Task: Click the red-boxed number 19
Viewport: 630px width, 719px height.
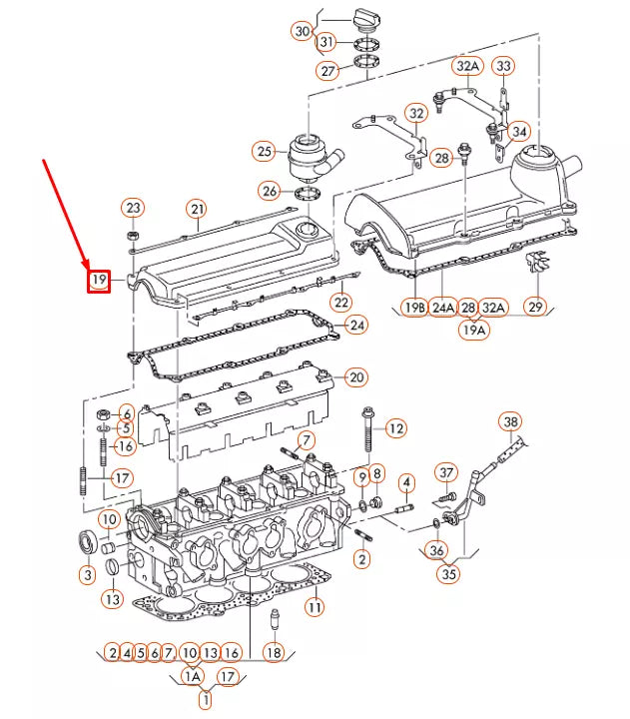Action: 98,281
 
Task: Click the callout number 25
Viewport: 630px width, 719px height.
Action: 264,152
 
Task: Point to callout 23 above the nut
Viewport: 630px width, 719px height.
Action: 133,208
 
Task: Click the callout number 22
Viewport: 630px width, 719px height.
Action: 341,303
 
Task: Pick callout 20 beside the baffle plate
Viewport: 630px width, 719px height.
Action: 355,377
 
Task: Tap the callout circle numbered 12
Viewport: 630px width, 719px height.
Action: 395,428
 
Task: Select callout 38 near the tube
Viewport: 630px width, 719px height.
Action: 511,421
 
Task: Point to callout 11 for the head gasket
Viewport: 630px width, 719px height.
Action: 314,606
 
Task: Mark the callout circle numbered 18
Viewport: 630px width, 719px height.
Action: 274,652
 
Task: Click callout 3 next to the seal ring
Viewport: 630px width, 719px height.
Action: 88,574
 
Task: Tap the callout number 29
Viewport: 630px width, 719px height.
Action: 536,306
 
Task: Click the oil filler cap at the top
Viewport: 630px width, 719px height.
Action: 364,19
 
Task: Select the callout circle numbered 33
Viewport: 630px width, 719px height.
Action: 504,66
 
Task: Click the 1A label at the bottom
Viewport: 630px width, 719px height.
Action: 193,676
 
